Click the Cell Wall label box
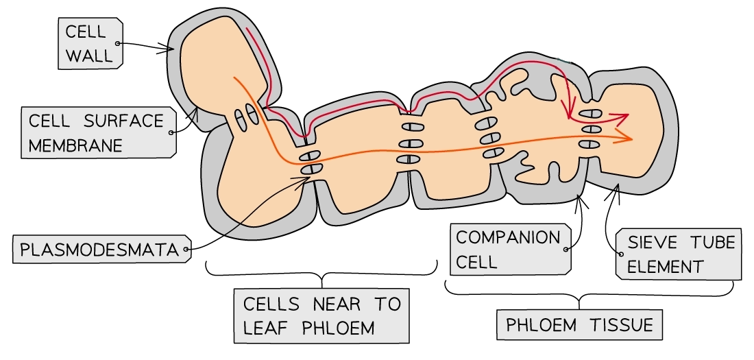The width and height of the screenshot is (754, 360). pyautogui.click(x=90, y=43)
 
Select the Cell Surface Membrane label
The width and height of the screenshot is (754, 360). pyautogui.click(x=97, y=133)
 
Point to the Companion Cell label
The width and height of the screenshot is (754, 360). pyautogui.click(x=509, y=249)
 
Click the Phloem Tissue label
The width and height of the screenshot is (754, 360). pyautogui.click(x=579, y=324)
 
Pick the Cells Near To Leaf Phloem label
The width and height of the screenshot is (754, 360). pyautogui.click(x=321, y=315)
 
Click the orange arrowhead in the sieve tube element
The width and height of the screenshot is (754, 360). pyautogui.click(x=626, y=139)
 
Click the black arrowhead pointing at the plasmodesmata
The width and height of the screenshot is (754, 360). pyautogui.click(x=304, y=179)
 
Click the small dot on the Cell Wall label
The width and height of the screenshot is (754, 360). pyautogui.click(x=118, y=43)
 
